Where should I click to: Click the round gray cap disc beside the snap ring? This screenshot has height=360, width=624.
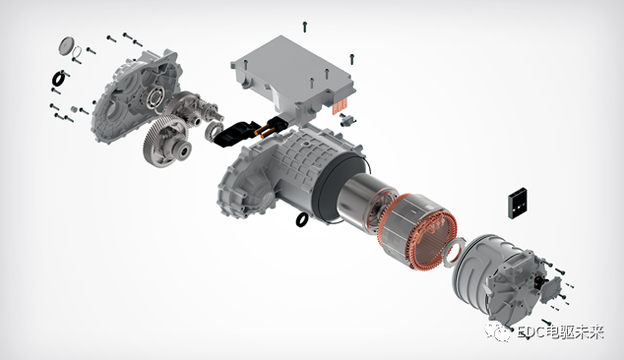(66, 46)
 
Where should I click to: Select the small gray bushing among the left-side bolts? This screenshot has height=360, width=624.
(73, 109)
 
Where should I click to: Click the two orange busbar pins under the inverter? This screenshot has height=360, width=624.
(268, 129)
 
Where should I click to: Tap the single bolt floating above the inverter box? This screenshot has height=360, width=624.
(305, 27)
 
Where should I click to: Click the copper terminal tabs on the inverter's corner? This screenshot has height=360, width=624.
(341, 106)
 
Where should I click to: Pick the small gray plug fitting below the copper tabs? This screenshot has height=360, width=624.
(347, 119)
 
